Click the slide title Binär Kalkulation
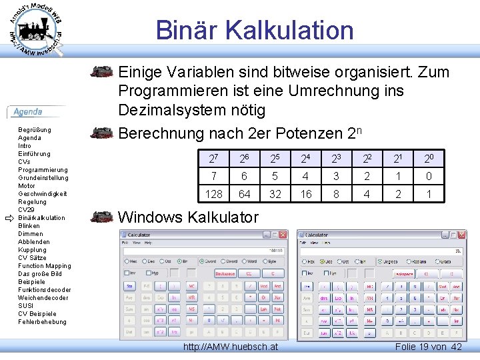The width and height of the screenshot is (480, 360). point(254,31)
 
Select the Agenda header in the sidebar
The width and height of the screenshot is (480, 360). point(28,112)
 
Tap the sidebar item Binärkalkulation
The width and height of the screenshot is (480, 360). point(41,218)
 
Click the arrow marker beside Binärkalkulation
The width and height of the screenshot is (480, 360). point(9,218)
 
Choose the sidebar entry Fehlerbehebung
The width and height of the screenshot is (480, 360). point(42,322)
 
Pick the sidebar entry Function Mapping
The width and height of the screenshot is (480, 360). point(44,266)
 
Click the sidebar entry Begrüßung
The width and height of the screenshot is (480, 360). point(35,130)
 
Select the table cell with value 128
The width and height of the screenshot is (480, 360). point(214,194)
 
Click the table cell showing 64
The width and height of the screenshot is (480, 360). point(245,194)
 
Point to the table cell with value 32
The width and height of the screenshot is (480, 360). point(275,194)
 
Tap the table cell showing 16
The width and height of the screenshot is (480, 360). point(306,194)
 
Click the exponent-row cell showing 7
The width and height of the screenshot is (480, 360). point(214,177)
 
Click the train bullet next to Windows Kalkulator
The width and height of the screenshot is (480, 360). point(102,217)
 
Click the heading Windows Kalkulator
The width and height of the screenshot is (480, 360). point(188,217)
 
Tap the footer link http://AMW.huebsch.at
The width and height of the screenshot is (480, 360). point(231,347)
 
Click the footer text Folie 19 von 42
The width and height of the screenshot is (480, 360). point(428,347)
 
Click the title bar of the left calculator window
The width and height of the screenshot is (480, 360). point(193,235)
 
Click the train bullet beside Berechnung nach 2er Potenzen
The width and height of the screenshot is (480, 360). point(102,133)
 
